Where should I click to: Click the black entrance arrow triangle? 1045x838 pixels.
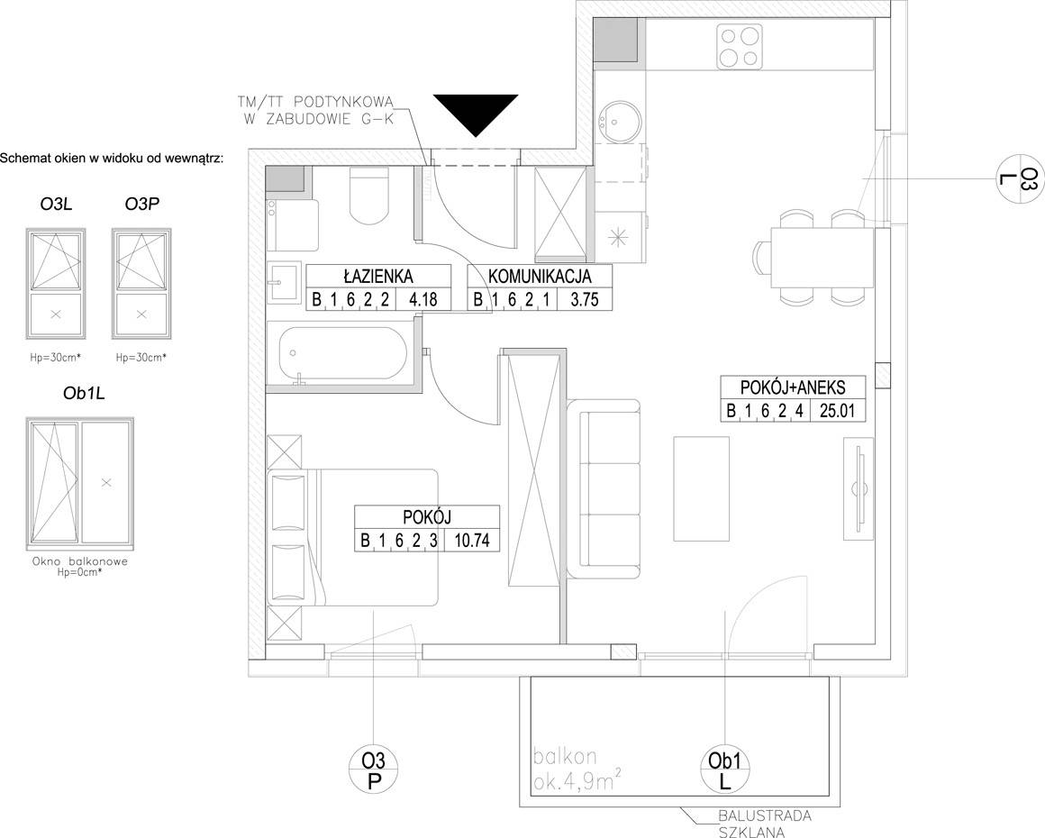476,112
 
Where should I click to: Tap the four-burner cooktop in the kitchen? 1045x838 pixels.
741,45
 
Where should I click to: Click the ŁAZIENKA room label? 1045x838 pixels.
378,276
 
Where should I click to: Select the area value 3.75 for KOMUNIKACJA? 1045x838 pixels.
585,300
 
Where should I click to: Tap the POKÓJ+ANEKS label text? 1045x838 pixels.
793,387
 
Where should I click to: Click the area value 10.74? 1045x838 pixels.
472,540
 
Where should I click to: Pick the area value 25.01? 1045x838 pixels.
837,410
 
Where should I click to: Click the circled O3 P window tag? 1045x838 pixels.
375,770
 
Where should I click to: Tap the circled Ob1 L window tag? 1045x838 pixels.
725,770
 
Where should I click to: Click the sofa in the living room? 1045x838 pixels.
604,489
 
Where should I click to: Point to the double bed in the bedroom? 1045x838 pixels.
352,537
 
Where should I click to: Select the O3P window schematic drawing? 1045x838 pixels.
141,284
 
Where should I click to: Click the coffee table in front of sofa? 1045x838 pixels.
701,488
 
